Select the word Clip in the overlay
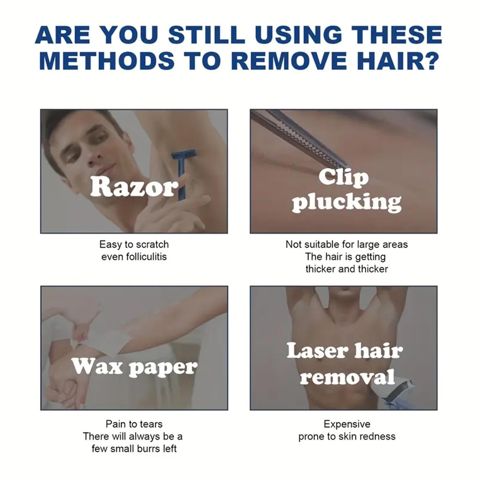(344, 177)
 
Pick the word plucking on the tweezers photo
(347, 203)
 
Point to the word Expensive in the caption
(347, 424)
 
